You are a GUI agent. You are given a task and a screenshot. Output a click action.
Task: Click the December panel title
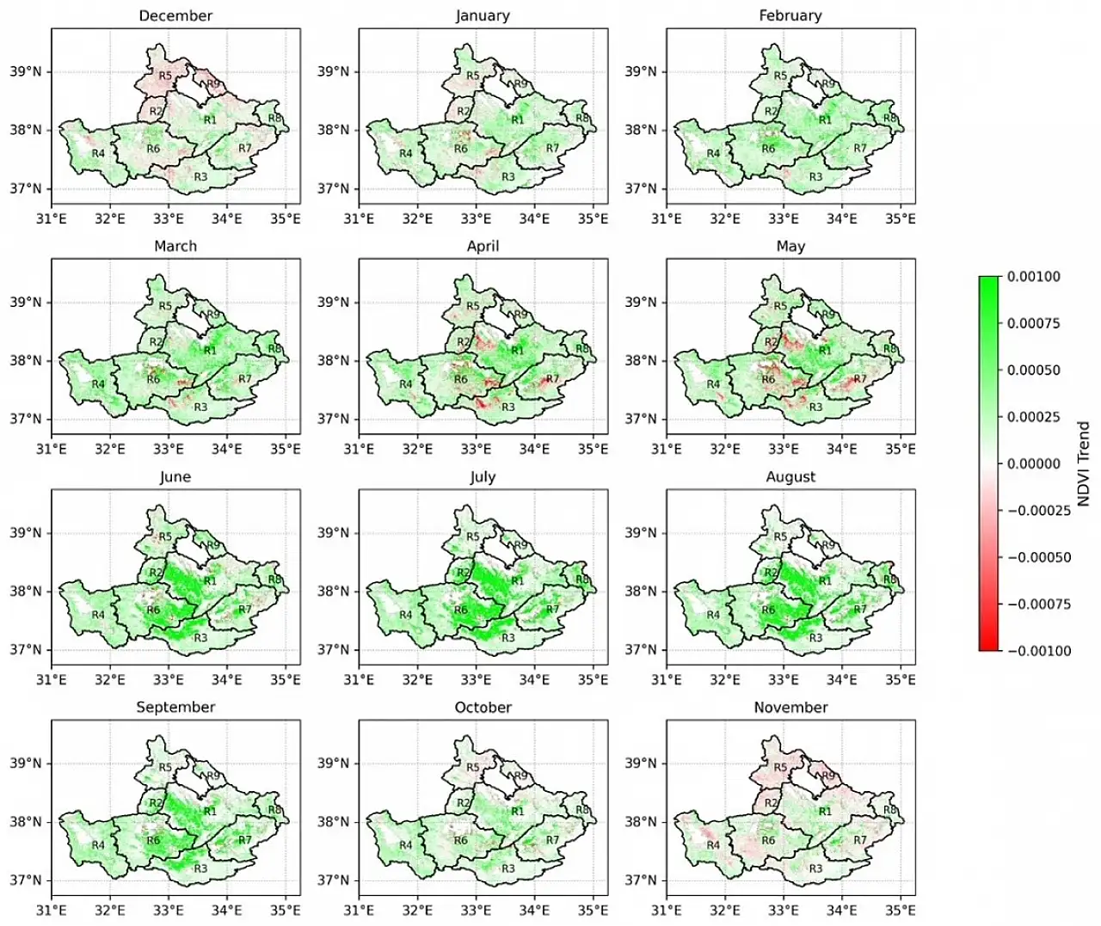point(175,15)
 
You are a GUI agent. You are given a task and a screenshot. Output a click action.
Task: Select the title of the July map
point(483,476)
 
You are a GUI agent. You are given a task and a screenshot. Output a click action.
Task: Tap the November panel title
point(790,707)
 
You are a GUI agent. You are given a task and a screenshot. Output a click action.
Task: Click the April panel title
point(483,246)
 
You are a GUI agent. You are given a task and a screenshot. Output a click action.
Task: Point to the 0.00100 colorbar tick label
point(1034,277)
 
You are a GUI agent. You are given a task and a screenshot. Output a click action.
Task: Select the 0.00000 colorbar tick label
point(1034,463)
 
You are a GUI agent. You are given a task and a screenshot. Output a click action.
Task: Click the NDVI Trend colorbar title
point(1084,463)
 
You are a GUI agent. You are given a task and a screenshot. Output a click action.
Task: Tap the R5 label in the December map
point(166,76)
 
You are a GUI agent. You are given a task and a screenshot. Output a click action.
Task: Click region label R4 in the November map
point(713,845)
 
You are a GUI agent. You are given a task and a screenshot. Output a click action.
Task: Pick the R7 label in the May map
point(860,379)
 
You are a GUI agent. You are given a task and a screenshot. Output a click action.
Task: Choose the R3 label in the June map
point(200,638)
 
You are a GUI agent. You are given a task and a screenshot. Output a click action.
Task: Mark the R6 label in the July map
point(461,610)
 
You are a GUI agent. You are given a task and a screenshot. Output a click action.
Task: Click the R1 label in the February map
point(825,120)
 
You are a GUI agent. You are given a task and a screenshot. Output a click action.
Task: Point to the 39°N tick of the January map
point(337,71)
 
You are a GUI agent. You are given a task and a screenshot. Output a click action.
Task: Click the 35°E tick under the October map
point(593,909)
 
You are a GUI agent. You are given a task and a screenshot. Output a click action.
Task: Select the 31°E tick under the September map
point(52,909)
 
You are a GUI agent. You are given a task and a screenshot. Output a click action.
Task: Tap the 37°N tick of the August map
point(644,649)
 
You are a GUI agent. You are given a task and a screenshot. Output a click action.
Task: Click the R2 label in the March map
point(156,342)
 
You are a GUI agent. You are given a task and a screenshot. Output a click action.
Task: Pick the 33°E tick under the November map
point(783,909)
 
